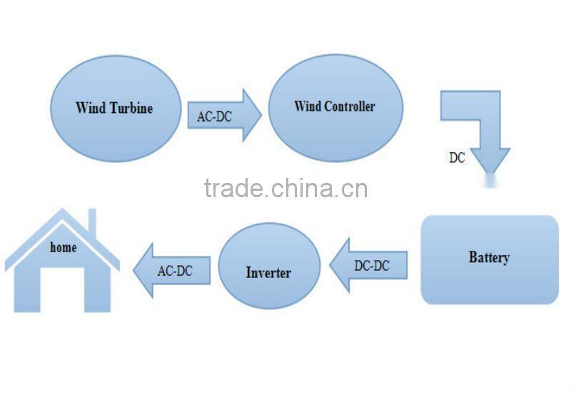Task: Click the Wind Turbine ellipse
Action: click(116, 109)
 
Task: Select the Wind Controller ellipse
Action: click(335, 108)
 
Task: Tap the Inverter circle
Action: click(270, 266)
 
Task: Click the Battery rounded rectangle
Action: click(490, 259)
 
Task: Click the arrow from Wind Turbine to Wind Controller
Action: click(224, 115)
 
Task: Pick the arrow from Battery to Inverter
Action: click(368, 265)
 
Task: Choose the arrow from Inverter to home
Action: click(172, 271)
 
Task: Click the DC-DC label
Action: click(372, 266)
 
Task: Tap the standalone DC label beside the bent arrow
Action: click(457, 158)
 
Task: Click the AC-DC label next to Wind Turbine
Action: click(215, 116)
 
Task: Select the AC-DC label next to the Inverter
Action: click(175, 271)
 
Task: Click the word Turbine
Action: click(131, 109)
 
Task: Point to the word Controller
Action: click(350, 106)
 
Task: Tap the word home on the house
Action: click(64, 247)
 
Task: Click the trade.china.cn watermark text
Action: click(286, 188)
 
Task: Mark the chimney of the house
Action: click(92, 222)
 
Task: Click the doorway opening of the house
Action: click(62, 290)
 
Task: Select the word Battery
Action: click(489, 257)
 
